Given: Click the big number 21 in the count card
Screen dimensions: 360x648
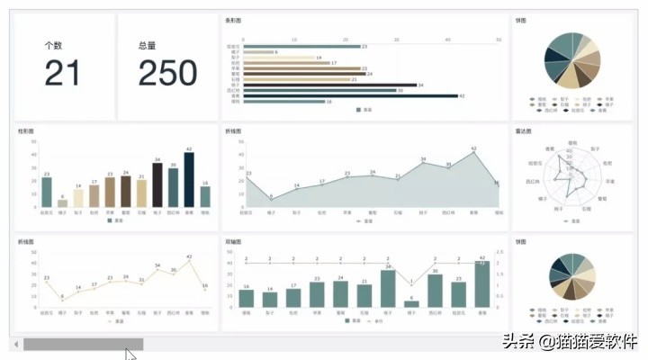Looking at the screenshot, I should click(x=62, y=73).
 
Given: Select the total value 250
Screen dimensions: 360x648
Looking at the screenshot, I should click(x=167, y=73).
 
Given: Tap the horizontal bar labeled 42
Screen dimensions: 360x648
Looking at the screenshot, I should click(x=350, y=95).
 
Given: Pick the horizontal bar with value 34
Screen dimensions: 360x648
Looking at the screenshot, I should click(x=328, y=85).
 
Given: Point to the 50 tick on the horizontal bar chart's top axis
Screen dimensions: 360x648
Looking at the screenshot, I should click(x=499, y=40).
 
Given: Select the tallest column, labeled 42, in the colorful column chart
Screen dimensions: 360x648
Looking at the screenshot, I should click(x=189, y=180).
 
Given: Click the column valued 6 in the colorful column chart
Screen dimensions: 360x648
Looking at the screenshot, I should click(x=62, y=203).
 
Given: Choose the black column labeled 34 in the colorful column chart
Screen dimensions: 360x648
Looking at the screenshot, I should click(x=157, y=185).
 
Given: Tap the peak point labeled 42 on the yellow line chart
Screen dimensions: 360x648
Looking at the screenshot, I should click(x=189, y=262).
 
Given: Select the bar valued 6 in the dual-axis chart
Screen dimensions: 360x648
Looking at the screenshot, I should click(x=411, y=304).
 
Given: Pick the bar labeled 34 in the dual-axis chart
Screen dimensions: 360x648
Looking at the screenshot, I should click(x=388, y=289).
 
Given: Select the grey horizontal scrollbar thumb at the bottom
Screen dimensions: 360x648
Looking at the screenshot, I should click(x=83, y=344).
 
